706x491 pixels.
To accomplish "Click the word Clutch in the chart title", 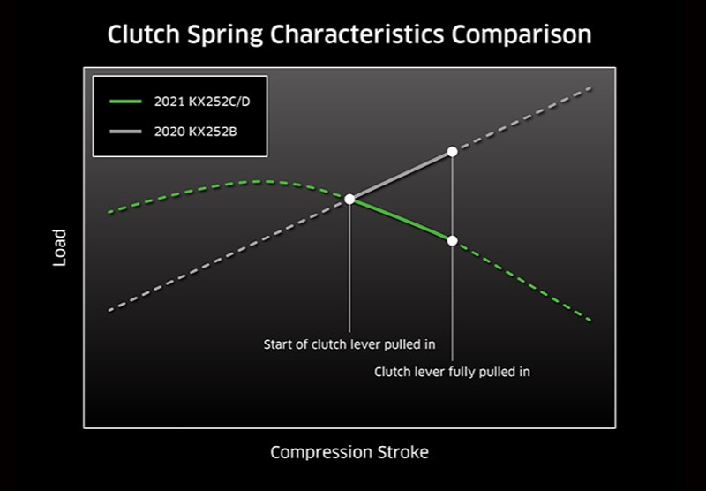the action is click(144, 34).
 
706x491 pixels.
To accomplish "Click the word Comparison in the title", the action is click(521, 35).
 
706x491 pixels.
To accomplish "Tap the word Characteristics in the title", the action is click(357, 34).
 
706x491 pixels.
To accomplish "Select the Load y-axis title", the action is click(59, 247).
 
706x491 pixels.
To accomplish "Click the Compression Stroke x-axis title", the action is click(349, 452).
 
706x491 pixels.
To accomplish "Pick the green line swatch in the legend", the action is click(125, 102).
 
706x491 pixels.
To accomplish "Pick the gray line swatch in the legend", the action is click(125, 132).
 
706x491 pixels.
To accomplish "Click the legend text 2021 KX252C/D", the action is click(202, 102).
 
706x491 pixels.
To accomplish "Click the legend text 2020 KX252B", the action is click(195, 132).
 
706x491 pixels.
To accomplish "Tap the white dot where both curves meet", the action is click(349, 199).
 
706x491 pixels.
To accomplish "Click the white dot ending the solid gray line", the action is click(453, 151).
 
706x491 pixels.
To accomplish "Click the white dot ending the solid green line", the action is click(453, 240).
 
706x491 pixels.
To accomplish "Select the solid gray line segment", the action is click(401, 175).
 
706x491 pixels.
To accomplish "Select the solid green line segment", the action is click(401, 220).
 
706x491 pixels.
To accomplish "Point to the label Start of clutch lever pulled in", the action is click(349, 344).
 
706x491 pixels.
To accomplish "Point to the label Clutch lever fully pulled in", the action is click(452, 372).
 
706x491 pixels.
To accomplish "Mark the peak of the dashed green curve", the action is click(262, 182).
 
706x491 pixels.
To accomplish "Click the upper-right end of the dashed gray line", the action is click(590, 87).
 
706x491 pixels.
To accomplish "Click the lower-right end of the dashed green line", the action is click(590, 321).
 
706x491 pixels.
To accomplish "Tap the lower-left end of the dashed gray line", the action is click(109, 310).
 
